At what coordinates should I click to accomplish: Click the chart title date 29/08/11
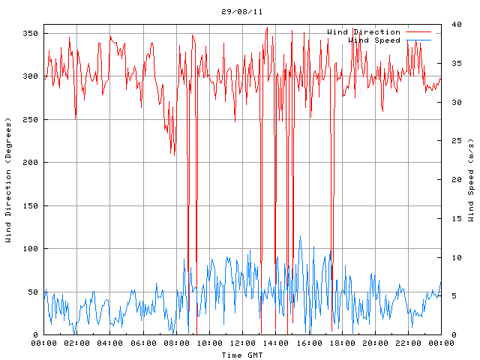click(x=241, y=12)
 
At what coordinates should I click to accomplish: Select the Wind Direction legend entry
click(x=364, y=32)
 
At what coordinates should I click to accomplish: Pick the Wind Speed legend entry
click(x=374, y=40)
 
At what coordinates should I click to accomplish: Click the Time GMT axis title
click(x=241, y=355)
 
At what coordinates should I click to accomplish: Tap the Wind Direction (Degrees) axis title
click(x=8, y=180)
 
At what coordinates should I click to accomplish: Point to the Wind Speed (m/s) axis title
click(x=471, y=180)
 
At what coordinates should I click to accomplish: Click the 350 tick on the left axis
click(x=31, y=34)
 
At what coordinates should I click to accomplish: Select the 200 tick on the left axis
click(x=31, y=163)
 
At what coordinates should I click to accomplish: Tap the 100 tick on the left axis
click(x=31, y=249)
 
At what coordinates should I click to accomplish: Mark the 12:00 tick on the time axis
click(x=242, y=343)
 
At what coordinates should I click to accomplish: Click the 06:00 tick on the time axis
click(x=143, y=343)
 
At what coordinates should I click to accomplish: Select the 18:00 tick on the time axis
click(x=341, y=343)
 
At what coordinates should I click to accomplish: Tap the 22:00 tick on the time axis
click(x=407, y=343)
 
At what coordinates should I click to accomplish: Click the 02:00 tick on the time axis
click(x=77, y=343)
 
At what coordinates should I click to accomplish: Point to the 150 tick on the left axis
click(x=31, y=206)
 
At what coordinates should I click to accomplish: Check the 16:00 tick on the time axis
click(x=308, y=343)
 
